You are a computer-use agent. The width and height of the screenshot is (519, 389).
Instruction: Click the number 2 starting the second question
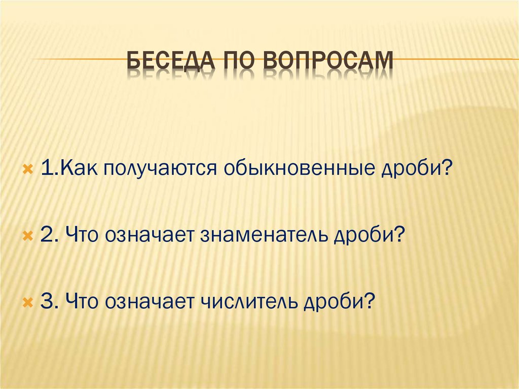(47, 236)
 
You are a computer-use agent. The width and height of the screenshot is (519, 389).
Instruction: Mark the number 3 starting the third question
(47, 303)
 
